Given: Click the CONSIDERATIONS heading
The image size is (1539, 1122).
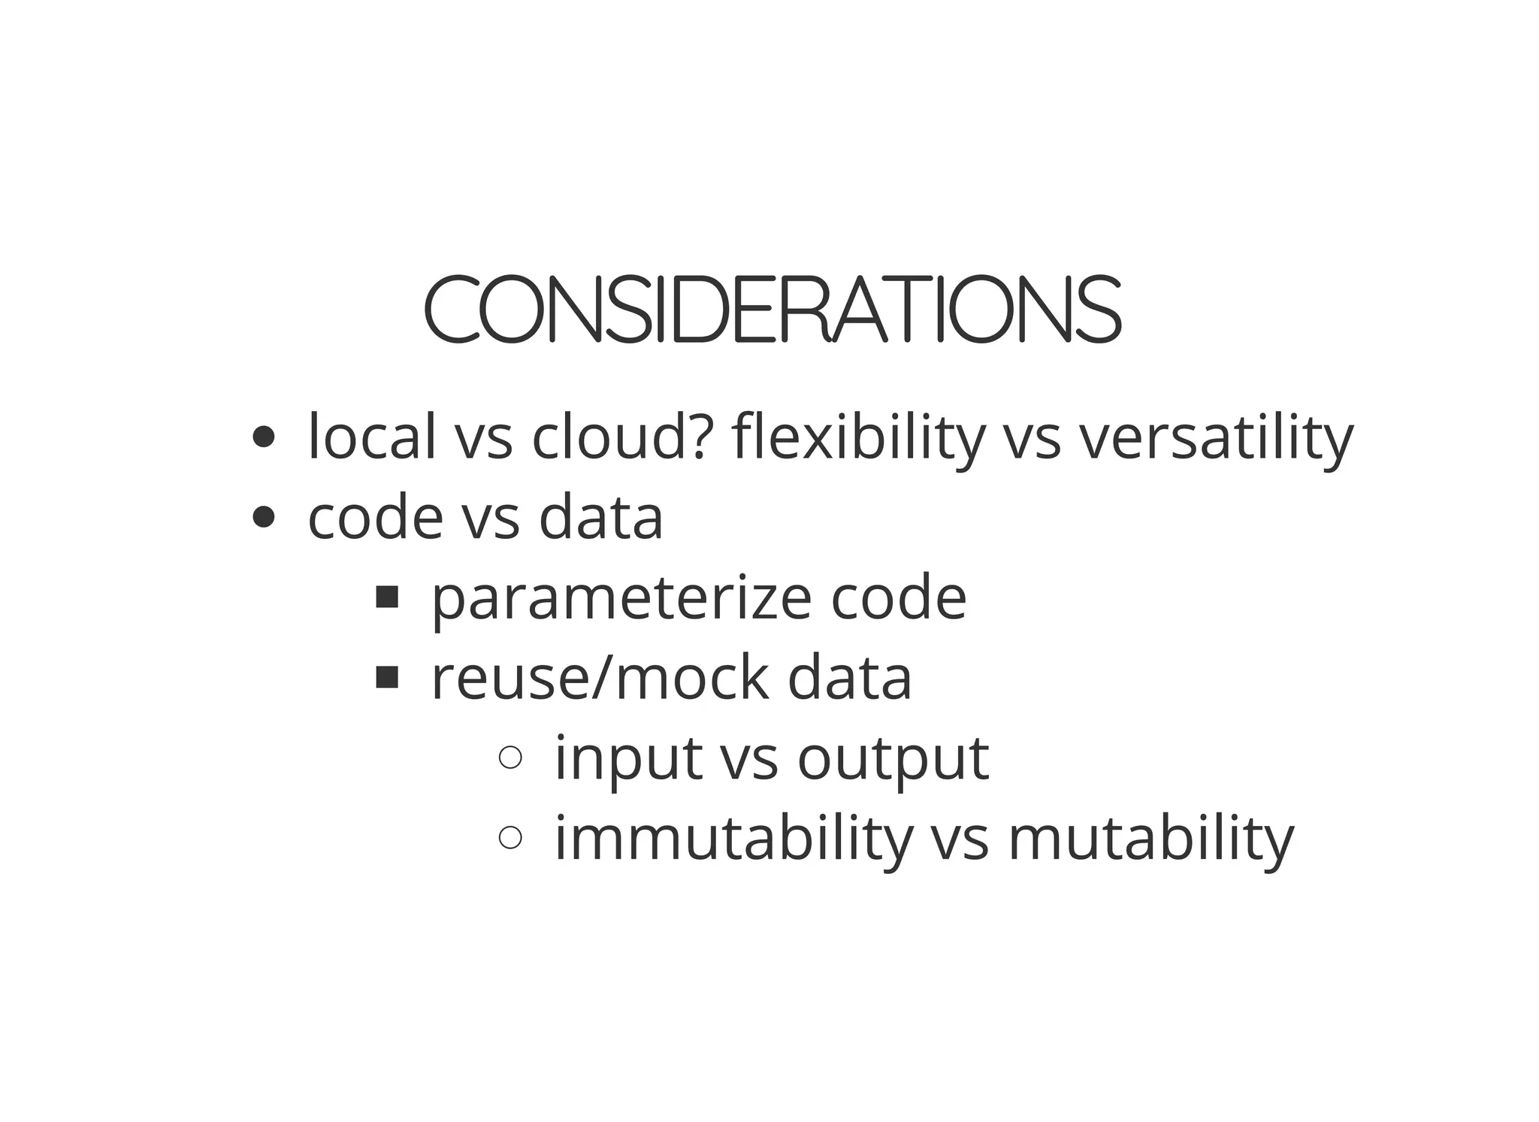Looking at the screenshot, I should pyautogui.click(x=773, y=310).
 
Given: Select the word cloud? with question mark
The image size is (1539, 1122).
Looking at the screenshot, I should pyautogui.click(x=620, y=437).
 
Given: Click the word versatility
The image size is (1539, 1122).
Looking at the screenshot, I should pyautogui.click(x=1217, y=438).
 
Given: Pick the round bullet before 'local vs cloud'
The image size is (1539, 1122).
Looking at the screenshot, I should pyautogui.click(x=263, y=437).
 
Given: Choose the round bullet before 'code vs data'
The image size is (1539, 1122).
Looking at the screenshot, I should pyautogui.click(x=263, y=517).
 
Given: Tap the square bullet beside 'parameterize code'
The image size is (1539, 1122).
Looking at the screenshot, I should pyautogui.click(x=386, y=597).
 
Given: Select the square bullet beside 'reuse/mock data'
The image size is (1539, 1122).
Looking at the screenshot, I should pyautogui.click(x=386, y=678).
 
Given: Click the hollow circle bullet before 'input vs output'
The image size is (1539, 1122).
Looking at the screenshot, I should pyautogui.click(x=510, y=757).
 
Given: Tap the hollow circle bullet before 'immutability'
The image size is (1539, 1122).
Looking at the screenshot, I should pyautogui.click(x=510, y=837).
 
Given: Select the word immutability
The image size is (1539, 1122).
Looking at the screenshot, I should pyautogui.click(x=733, y=839).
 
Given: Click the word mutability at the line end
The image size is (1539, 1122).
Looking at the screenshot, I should pyautogui.click(x=1151, y=839).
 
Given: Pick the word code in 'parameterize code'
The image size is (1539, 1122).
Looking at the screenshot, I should pyautogui.click(x=899, y=598).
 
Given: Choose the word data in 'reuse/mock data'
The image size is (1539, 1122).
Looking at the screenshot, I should pyautogui.click(x=849, y=678).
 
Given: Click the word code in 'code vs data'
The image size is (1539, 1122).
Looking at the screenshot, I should pyautogui.click(x=376, y=518).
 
